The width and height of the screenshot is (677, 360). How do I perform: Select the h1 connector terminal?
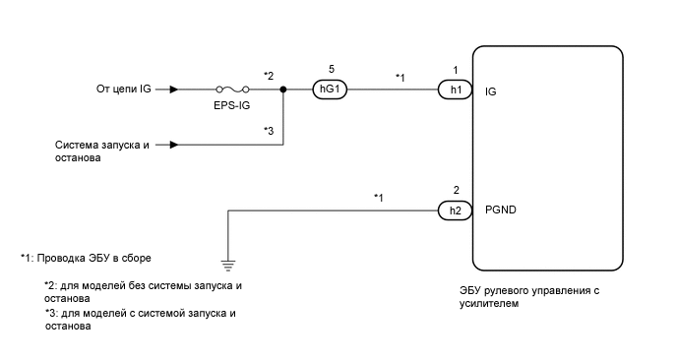(456, 90)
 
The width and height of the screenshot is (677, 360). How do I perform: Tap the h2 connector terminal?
(456, 209)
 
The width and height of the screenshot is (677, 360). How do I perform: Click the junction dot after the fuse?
(283, 90)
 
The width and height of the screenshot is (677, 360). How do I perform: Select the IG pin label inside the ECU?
(491, 90)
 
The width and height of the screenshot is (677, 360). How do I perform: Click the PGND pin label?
(500, 209)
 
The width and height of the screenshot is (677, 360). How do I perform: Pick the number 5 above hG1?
(331, 69)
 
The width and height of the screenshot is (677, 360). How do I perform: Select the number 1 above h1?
(456, 69)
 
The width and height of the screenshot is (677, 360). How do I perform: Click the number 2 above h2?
(456, 188)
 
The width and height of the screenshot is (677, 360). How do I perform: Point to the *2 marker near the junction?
(269, 74)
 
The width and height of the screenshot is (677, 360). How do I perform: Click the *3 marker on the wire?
(269, 129)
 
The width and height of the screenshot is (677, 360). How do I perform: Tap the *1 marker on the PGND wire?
(378, 198)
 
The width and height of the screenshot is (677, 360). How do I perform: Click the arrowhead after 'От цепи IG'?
(173, 90)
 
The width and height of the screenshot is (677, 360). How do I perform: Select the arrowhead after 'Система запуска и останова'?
(173, 145)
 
